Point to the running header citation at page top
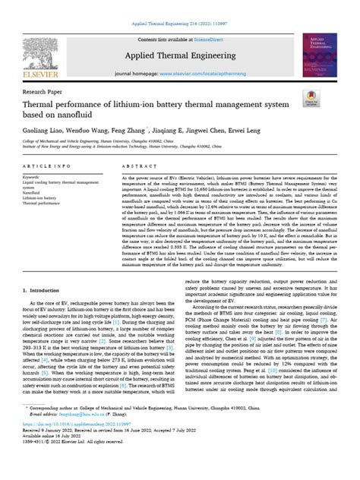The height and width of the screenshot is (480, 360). tap(180, 5)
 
